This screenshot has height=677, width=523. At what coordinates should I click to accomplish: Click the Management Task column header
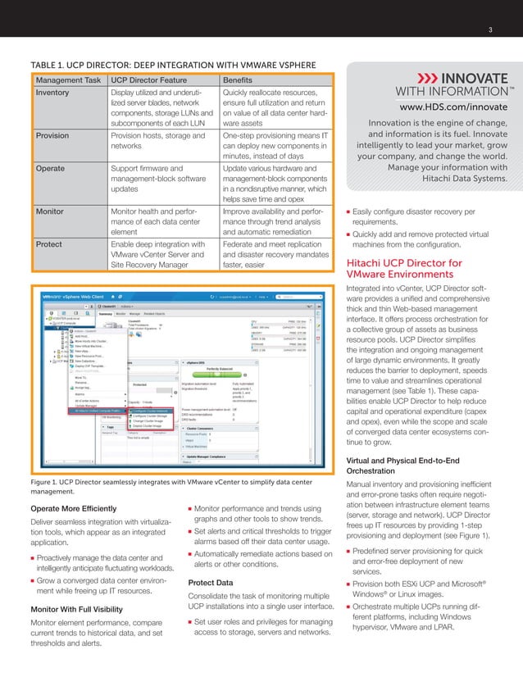coord(68,80)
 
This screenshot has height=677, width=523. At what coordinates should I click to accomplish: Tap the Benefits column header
coord(239,80)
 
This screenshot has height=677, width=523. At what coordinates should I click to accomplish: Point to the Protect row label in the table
coord(49,243)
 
